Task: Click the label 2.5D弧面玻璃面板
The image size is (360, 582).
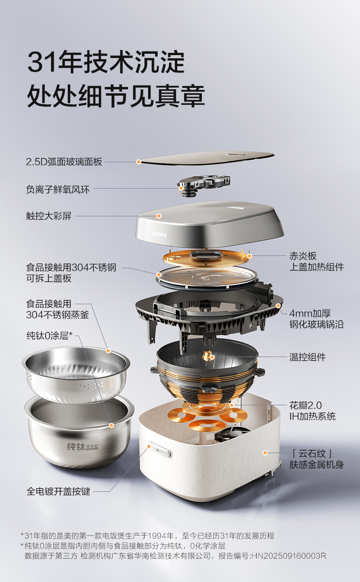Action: pos(64,162)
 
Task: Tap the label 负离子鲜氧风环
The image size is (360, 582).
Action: pos(58,189)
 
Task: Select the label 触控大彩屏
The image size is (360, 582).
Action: pos(49,216)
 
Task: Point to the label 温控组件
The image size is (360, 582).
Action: pos(308,357)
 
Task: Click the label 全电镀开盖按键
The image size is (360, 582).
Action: pos(58,491)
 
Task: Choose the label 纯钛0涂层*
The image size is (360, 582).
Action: pos(49,336)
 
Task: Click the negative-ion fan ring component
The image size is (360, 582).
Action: pos(204,185)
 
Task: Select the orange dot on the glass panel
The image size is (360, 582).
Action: pos(139,162)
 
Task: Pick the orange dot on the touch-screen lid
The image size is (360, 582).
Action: pos(159,216)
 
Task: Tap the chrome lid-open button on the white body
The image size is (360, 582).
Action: pos(161,449)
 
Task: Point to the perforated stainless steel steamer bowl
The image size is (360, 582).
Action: pos(76,374)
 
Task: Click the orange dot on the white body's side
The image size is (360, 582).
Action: pos(265,453)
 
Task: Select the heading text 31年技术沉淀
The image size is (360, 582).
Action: pos(106,62)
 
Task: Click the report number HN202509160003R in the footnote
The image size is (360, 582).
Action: pos(288,556)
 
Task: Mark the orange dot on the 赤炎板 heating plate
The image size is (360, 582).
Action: pos(250,256)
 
